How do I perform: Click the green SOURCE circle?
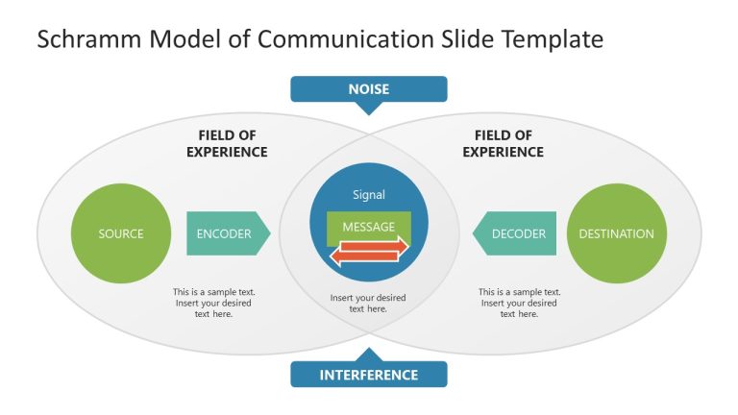tap(120, 233)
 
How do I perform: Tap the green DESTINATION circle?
tap(616, 233)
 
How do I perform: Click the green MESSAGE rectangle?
tap(369, 227)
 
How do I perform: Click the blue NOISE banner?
tap(369, 89)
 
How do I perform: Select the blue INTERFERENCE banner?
tap(369, 375)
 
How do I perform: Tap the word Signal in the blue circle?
tap(369, 195)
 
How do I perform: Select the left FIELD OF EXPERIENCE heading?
tap(227, 143)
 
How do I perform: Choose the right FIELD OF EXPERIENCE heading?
tap(503, 143)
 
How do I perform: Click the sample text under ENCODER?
tap(214, 303)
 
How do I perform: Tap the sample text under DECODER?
tap(520, 303)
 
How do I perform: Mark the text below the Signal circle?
tap(368, 304)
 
